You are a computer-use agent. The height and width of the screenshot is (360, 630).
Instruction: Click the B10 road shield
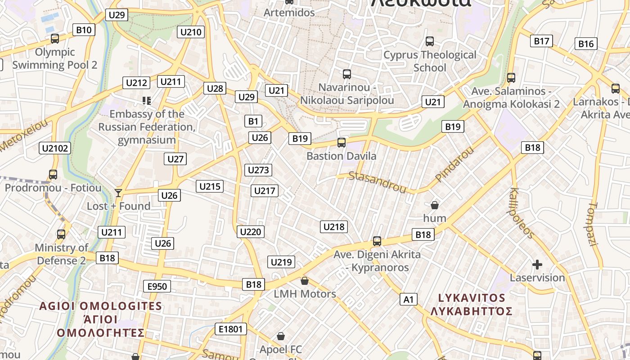click(84, 30)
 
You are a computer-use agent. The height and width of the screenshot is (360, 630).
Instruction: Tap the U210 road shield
click(191, 32)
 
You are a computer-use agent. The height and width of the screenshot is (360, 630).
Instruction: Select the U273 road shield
click(258, 170)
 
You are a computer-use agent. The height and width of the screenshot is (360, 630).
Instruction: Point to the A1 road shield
click(409, 299)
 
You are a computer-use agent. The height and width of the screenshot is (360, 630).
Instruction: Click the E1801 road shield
click(231, 329)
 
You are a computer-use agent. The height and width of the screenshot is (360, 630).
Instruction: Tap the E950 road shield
click(157, 286)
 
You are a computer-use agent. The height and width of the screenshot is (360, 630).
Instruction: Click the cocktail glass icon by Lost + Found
click(118, 193)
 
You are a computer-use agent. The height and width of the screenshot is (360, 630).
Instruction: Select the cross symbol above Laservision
click(537, 265)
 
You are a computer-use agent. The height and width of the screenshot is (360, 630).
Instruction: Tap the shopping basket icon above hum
click(435, 205)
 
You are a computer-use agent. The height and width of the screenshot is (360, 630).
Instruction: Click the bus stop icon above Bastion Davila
click(342, 143)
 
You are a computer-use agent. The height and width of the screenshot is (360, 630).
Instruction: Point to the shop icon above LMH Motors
click(305, 281)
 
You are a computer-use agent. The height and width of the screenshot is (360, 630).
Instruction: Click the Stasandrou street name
click(371, 181)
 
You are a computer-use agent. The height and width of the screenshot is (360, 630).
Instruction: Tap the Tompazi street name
click(593, 224)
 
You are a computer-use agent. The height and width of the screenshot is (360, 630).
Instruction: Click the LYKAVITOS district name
click(472, 298)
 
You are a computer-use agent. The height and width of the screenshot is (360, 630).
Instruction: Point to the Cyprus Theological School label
click(430, 61)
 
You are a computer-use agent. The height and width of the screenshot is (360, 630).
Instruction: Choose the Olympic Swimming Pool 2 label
click(55, 58)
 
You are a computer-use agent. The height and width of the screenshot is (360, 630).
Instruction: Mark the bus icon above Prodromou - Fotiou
click(53, 174)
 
